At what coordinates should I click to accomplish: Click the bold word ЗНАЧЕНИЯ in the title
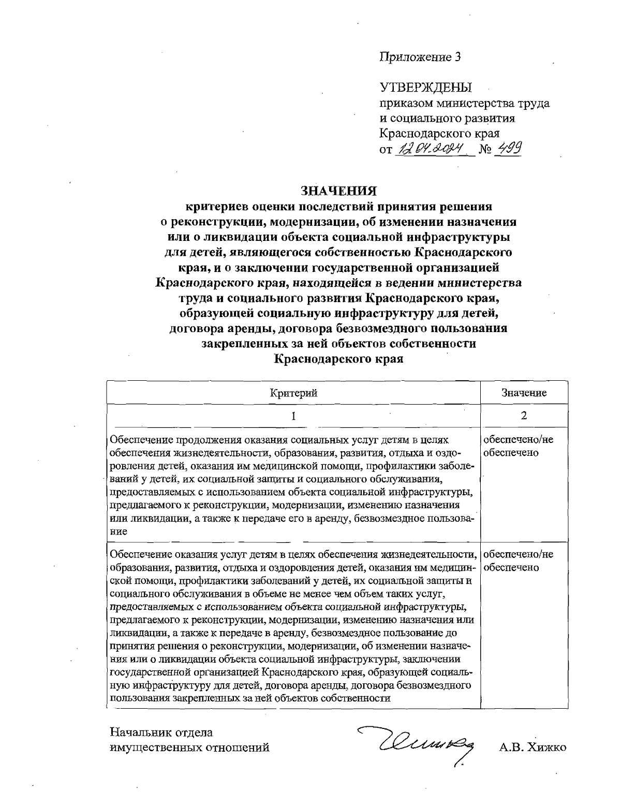point(338,191)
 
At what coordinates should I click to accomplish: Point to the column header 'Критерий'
point(293,393)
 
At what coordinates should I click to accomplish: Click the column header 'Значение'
point(524,393)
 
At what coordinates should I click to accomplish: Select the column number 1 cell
point(293,415)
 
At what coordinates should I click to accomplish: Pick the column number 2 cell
point(524,415)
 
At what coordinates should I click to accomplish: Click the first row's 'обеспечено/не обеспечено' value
point(517,447)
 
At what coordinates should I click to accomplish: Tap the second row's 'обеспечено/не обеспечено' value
point(517,561)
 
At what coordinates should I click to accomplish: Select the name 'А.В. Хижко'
point(533,748)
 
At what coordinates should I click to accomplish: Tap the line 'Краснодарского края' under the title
point(338,359)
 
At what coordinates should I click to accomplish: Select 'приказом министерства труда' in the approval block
point(465,103)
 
